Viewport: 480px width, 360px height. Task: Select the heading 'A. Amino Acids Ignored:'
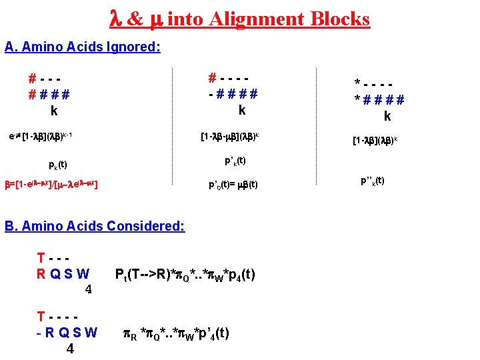pos(83,47)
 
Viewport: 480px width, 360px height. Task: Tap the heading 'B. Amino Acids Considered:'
pos(95,226)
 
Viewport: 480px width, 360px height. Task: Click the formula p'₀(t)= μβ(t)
pos(233,185)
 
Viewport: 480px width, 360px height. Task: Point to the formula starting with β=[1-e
pos(53,183)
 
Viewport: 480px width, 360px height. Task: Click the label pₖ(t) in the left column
pos(58,164)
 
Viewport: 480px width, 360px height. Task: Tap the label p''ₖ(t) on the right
pos(373,181)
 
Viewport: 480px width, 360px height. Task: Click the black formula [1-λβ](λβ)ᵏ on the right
pos(375,141)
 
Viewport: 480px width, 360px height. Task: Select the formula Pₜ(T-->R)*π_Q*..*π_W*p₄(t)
pos(185,275)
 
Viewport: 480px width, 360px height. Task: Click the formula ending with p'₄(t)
pos(177,333)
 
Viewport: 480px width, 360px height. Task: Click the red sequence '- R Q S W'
pos(67,332)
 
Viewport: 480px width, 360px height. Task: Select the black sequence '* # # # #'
pos(379,100)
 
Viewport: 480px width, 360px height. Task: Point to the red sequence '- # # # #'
pos(233,94)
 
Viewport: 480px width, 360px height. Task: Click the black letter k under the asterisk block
pos(387,117)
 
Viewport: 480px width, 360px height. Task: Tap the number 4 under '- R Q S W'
pos(69,349)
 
